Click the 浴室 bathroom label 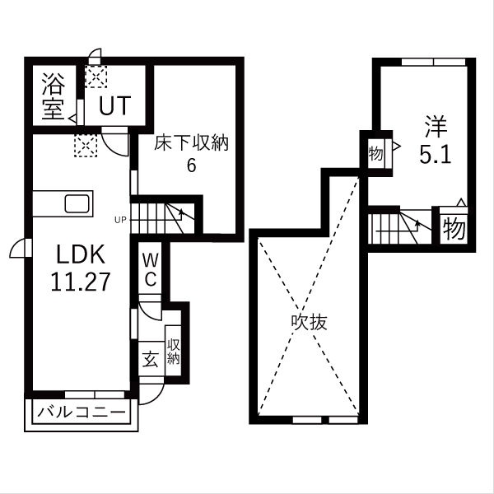click(54, 96)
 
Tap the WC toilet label click(151, 270)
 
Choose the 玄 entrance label click(151, 359)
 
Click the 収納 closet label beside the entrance click(173, 352)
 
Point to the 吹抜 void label click(309, 322)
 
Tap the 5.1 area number click(435, 155)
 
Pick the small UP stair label click(121, 219)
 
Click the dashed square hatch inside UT click(96, 77)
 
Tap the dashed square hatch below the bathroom click(86, 146)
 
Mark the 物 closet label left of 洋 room click(375, 154)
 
